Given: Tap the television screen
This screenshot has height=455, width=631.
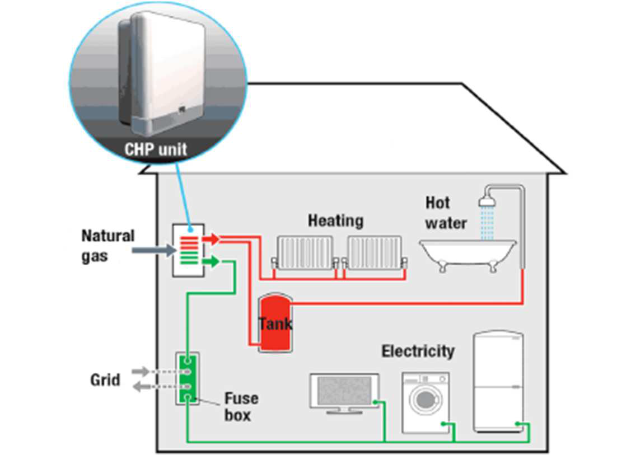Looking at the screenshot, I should pos(343,390).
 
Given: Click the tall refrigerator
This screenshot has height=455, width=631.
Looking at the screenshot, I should pos(498,382).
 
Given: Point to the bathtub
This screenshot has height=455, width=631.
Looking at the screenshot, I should pos(468,254).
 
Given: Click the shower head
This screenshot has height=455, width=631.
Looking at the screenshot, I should pos(487,200).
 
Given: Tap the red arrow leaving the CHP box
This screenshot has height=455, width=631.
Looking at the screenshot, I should pos(211,239).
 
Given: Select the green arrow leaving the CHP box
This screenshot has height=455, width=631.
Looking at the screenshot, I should pos(211,261).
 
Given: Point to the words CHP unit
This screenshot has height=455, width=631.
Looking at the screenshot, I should pos(155,150).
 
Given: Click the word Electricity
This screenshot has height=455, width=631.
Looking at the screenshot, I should pos(418,351).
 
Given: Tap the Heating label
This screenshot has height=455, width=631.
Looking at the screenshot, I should pos(335,221).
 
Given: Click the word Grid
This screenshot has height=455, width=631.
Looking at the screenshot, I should pos(105,380).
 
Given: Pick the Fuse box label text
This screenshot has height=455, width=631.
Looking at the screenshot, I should pos(241,407).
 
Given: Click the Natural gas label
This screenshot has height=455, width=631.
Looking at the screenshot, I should pos(107,245).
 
